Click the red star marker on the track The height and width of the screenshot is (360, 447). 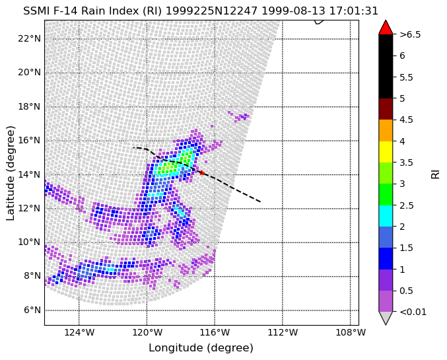pyautogui.click(x=202, y=172)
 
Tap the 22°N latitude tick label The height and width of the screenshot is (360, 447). pyautogui.click(x=29, y=38)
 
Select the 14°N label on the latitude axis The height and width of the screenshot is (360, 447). pyautogui.click(x=29, y=174)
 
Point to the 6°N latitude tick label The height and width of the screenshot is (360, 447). pyautogui.click(x=32, y=310)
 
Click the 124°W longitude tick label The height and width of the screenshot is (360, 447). pyautogui.click(x=79, y=332)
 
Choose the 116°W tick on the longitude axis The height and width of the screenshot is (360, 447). pyautogui.click(x=215, y=332)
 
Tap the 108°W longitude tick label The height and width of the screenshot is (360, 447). pyautogui.click(x=351, y=332)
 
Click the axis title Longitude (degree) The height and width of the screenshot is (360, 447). pyautogui.click(x=201, y=348)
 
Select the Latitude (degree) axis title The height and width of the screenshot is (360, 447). pyautogui.click(x=11, y=173)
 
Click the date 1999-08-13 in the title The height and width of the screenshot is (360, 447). pyautogui.click(x=293, y=11)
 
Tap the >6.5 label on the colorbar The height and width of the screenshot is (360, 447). pyautogui.click(x=410, y=34)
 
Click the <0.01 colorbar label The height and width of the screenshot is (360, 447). pyautogui.click(x=413, y=312)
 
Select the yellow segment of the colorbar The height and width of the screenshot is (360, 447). pyautogui.click(x=386, y=152)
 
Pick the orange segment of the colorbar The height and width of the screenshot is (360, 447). pyautogui.click(x=386, y=130)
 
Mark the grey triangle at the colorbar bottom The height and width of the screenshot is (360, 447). pyautogui.click(x=386, y=317)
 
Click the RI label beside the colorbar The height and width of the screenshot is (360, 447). pyautogui.click(x=435, y=173)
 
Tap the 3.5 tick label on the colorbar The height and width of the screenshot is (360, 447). pyautogui.click(x=406, y=162)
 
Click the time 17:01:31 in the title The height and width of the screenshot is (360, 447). pyautogui.click(x=353, y=11)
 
